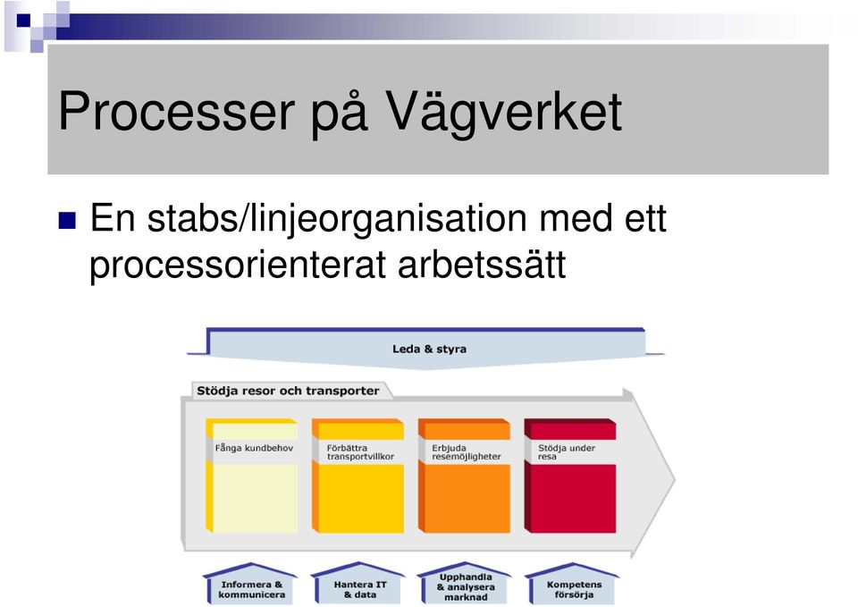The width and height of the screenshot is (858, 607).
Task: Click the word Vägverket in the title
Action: [503, 112]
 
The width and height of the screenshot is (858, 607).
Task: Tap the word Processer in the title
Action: [176, 112]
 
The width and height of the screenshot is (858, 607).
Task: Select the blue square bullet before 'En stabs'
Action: [67, 220]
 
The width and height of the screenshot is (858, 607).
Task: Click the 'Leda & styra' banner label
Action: [430, 349]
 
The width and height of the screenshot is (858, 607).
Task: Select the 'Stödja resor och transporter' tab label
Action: [288, 391]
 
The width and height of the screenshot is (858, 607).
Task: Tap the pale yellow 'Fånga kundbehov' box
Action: [252, 476]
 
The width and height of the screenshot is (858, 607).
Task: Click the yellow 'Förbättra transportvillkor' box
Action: [357, 476]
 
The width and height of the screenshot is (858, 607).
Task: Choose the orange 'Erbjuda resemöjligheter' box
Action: [464, 476]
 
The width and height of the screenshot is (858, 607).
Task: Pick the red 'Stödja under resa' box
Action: [570, 476]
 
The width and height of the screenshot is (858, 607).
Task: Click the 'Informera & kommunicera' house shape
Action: [251, 584]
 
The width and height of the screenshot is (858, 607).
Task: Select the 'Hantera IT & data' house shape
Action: [358, 584]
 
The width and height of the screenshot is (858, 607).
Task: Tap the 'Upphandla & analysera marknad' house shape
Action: [465, 584]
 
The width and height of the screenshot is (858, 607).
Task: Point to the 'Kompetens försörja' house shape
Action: [572, 584]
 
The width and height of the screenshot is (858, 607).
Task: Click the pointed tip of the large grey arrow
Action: [675, 479]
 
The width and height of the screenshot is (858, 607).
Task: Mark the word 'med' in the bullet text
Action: [576, 218]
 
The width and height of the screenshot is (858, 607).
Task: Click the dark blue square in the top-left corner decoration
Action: [23, 21]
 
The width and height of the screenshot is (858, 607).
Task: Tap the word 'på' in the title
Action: [340, 115]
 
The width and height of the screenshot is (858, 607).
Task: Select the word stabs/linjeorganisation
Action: [337, 220]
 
